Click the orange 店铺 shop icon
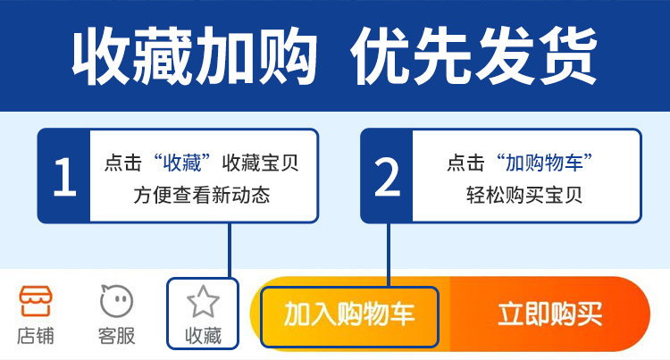[36, 301]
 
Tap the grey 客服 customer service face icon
[116, 301]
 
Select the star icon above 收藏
[203, 302]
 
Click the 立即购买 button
[550, 314]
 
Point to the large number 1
[65, 176]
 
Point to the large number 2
[387, 176]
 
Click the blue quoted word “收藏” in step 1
[182, 163]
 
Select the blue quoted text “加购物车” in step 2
[544, 163]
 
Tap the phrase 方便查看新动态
[202, 195]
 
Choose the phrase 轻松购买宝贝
[524, 195]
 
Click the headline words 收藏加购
[195, 56]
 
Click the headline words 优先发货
[473, 56]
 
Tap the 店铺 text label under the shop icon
[36, 336]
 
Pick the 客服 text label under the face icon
[116, 336]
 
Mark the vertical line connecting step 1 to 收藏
[230, 251]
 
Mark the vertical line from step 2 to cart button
[389, 255]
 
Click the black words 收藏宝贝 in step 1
[260, 163]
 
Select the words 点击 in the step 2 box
[465, 163]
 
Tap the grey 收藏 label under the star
[203, 336]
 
